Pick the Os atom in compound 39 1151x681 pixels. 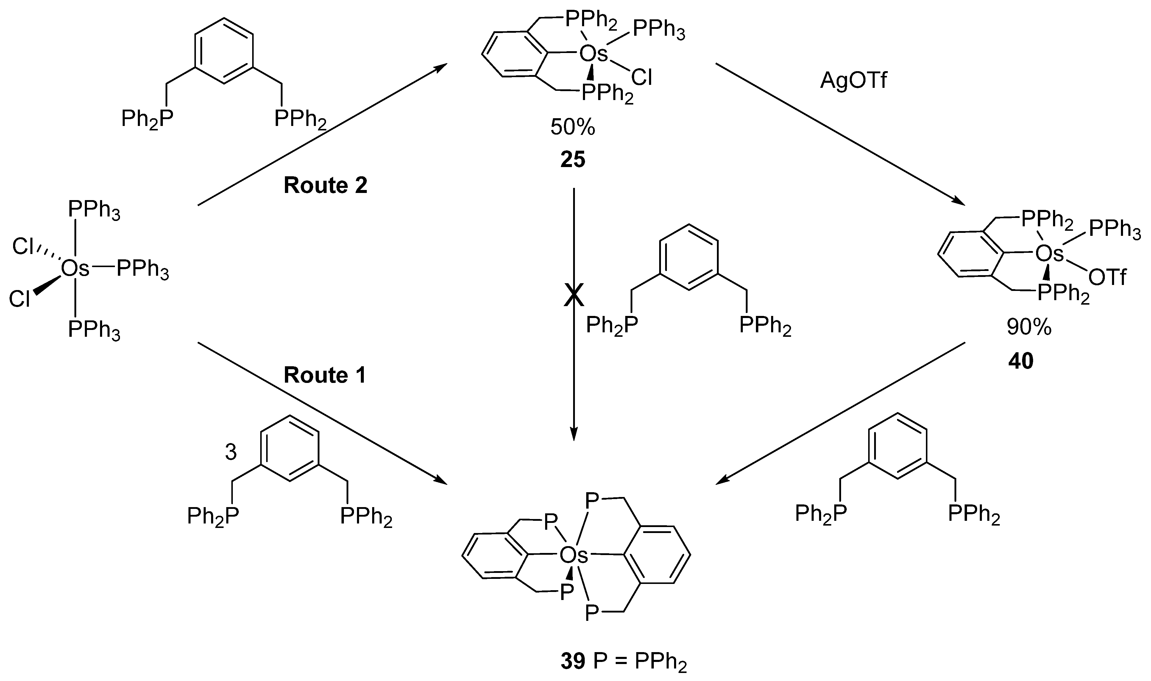[x=573, y=556]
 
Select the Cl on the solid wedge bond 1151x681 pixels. [x=20, y=300]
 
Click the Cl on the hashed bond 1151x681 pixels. [x=23, y=247]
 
